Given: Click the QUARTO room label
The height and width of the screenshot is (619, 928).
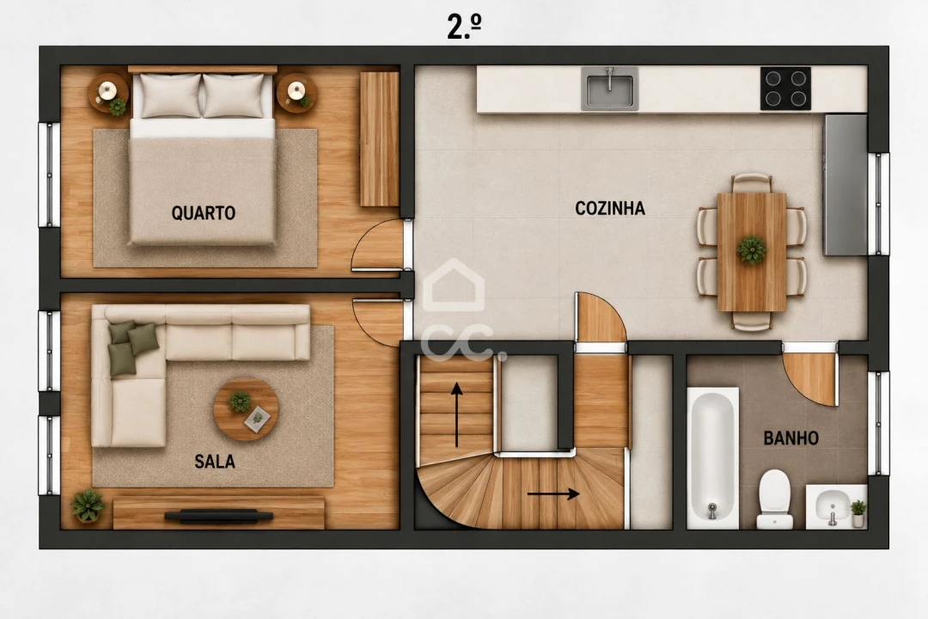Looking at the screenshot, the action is [x=203, y=212].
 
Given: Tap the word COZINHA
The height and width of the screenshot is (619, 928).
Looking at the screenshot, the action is [x=610, y=209].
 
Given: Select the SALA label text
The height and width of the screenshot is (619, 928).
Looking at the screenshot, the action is [x=215, y=462].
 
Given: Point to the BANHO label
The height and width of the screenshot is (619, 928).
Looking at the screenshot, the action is [x=791, y=438].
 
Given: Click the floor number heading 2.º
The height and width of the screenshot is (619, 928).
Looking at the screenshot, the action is [x=464, y=28].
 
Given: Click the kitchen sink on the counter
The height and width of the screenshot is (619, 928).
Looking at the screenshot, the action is [x=609, y=89].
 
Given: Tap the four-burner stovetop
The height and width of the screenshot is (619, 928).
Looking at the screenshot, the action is [x=785, y=89].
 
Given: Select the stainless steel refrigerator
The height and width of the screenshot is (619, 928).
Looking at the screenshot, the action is [x=846, y=185].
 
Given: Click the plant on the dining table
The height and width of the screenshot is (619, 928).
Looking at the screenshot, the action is [x=752, y=249].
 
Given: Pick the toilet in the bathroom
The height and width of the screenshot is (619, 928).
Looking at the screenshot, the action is [x=775, y=499].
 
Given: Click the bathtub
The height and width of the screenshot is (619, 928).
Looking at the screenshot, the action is [x=713, y=458].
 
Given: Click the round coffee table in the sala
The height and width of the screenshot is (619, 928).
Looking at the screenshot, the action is [x=246, y=409].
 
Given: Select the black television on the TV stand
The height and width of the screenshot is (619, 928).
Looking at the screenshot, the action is [x=218, y=516].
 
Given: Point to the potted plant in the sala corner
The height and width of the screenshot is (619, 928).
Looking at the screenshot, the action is [x=89, y=506].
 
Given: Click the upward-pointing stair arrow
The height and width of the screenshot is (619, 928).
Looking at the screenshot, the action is [x=456, y=414].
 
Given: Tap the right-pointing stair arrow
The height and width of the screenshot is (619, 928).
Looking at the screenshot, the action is [x=553, y=493].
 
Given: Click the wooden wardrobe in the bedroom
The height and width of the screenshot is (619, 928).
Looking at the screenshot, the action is [x=380, y=139].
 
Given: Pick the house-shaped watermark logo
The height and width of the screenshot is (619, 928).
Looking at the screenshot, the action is [x=454, y=285].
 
